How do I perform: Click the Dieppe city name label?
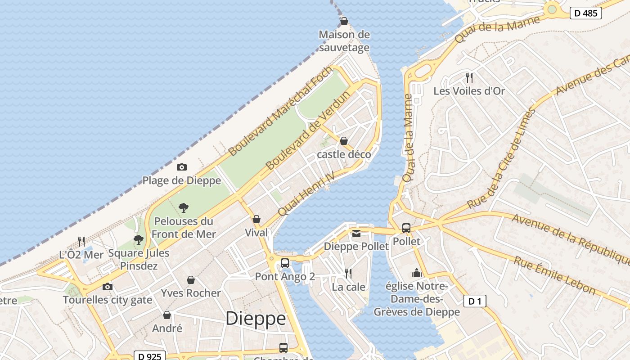coord(256,319)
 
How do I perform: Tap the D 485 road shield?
coord(586,13)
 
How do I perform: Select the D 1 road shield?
coord(475,301)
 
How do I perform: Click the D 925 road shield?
coord(150,356)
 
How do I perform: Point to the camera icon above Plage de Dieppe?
coord(182,167)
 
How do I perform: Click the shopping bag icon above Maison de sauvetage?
coord(344,21)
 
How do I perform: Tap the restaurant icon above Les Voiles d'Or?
coord(469,78)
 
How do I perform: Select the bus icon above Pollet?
coord(406,228)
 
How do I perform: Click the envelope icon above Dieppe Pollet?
coord(356,233)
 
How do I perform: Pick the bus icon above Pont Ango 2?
coord(285,263)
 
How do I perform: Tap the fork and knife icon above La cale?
coord(348,273)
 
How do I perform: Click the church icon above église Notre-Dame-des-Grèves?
coord(417,273)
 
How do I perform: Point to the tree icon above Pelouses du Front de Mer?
coord(183,208)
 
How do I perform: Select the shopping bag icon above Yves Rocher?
coord(191,280)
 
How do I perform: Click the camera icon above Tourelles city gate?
coord(107,287)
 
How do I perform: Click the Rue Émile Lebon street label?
coord(555,275)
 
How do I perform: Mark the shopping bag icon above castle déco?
coord(344,141)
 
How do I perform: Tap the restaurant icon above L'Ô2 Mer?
coord(81,242)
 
